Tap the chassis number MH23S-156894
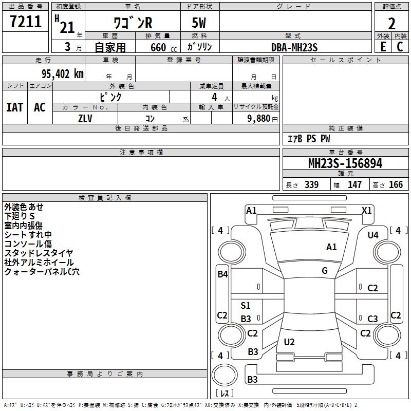coord(345,163)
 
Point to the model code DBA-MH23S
coord(294,47)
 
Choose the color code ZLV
coord(85,118)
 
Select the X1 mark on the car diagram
coord(367,210)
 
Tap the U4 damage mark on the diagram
coord(373,235)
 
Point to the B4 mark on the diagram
coord(222,274)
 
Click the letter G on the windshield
coord(325,271)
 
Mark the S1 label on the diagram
coord(246,306)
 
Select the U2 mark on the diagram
coord(289,342)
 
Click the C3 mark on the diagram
coord(372,319)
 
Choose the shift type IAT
coord(14,107)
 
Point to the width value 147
coord(354,185)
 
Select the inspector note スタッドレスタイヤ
coord(39,253)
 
